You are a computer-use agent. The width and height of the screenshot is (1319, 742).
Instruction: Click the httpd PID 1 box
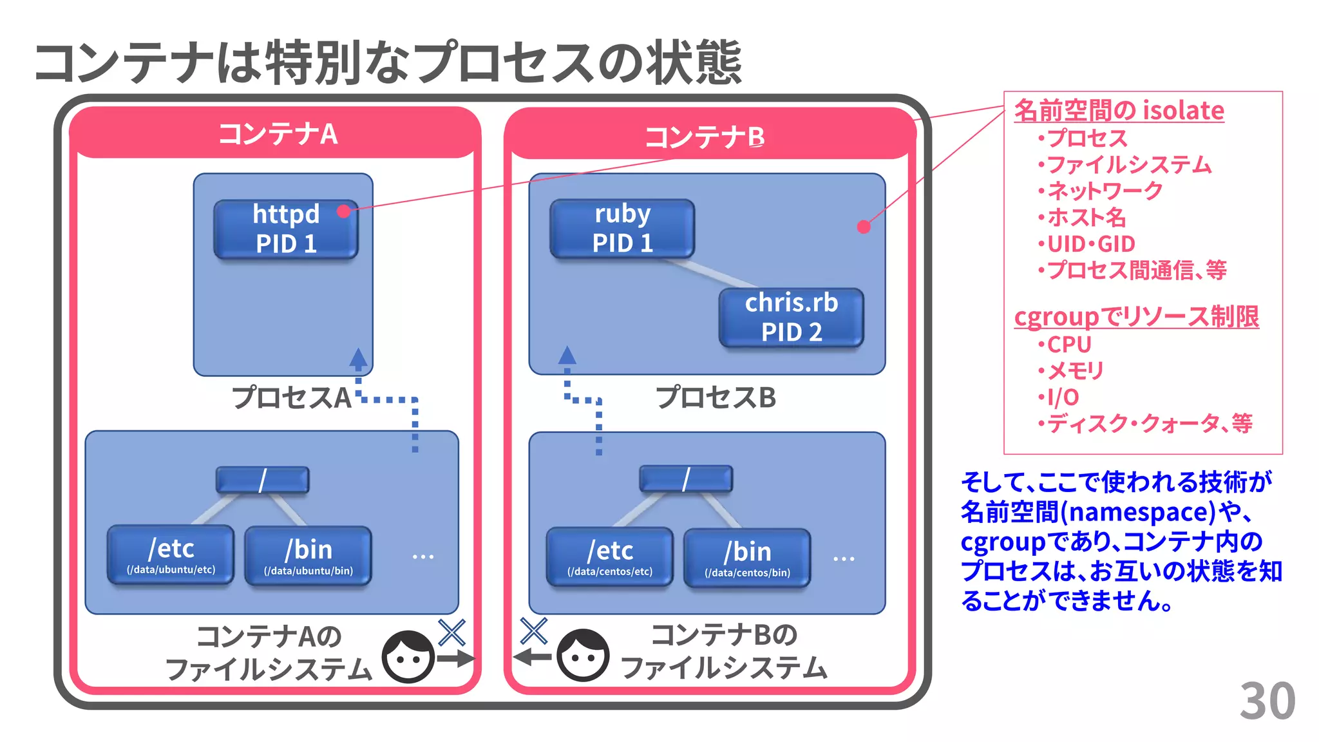[285, 229]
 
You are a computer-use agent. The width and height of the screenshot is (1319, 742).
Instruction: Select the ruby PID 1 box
[622, 229]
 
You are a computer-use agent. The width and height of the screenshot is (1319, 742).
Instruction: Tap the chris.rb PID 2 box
[791, 318]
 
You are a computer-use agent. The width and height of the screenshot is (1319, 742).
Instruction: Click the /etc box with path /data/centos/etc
[609, 557]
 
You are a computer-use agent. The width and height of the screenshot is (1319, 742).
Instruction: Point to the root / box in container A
[262, 480]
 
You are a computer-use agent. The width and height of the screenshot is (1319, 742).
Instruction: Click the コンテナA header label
[278, 134]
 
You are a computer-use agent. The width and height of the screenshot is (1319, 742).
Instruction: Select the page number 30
[1267, 701]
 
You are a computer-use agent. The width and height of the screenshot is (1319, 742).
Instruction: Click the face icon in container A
[408, 657]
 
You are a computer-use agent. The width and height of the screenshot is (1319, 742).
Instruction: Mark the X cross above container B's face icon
[534, 631]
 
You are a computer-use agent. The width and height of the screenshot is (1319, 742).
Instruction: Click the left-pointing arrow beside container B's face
[532, 658]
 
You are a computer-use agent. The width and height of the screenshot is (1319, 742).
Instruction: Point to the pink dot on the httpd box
[343, 211]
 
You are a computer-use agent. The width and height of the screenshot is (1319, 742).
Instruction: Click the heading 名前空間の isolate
[1119, 111]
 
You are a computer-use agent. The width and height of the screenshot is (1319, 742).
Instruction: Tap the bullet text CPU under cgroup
[1068, 345]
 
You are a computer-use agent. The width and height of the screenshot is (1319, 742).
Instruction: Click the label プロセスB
[716, 397]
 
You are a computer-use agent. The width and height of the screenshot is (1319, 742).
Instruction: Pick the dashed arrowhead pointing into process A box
[359, 358]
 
